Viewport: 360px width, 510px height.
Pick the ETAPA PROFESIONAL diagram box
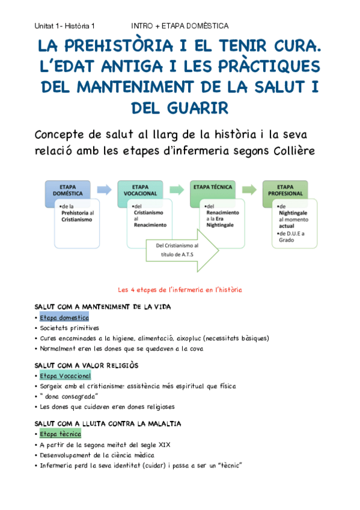tap(285, 190)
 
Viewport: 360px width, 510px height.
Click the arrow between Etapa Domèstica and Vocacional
tap(104, 190)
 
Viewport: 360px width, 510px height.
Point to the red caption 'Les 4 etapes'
tap(180, 289)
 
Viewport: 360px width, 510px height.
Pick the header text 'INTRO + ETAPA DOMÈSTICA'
tap(180, 26)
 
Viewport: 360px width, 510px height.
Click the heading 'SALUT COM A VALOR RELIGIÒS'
tap(87, 365)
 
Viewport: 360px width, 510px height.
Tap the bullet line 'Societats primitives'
tap(69, 328)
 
